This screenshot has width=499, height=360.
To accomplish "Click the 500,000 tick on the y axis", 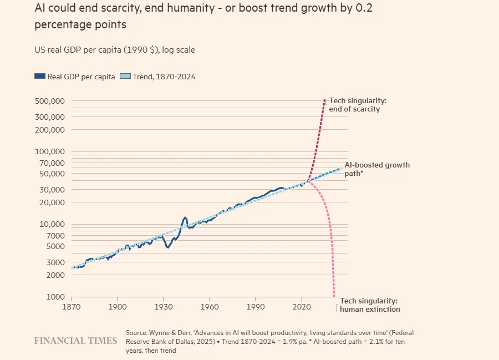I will tap(50, 101).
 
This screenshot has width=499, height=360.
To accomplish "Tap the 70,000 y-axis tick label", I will tap(53, 163).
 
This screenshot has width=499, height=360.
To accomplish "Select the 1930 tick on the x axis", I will tap(163, 306).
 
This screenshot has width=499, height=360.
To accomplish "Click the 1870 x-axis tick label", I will tap(72, 306).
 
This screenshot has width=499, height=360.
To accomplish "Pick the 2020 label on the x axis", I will tap(301, 306).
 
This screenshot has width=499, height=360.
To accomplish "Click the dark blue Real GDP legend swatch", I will tap(39, 77).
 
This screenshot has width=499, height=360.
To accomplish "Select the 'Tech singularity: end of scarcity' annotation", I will tap(358, 105).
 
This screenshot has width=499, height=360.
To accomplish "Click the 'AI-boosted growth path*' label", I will tap(377, 169).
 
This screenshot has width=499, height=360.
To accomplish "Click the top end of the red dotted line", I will tap(324, 100).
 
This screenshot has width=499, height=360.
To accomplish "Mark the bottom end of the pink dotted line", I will tap(334, 297).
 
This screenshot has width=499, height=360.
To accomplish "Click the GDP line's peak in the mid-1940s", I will tap(185, 217).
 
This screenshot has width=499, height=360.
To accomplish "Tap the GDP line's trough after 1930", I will tap(167, 247).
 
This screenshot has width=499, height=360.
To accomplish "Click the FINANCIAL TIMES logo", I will tap(75, 341).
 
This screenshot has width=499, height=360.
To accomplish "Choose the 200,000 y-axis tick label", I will tap(50, 130).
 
